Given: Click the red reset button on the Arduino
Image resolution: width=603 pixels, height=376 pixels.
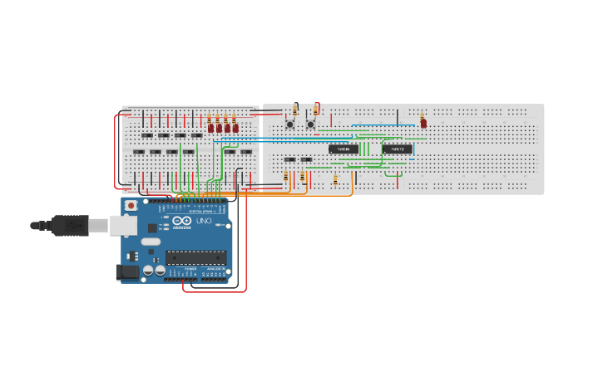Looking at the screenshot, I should (x=131, y=205).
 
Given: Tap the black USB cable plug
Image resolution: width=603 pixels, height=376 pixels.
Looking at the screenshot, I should (x=70, y=225).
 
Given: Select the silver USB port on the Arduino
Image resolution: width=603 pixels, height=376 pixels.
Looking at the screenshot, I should (x=123, y=225).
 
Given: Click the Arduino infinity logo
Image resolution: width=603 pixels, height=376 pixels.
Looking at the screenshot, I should (x=182, y=222).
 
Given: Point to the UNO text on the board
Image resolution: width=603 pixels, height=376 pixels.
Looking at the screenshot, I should (x=204, y=222).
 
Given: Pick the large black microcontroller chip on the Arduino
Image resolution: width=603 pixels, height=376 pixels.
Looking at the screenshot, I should (x=195, y=257).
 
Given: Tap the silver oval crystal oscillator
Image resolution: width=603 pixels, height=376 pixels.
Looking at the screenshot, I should (x=151, y=242).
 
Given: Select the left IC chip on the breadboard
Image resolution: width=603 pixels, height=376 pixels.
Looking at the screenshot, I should (x=344, y=149).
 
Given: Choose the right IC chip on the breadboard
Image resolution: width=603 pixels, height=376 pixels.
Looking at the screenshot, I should (x=397, y=149).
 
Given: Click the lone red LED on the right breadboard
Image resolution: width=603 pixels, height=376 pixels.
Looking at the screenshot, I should (x=423, y=124).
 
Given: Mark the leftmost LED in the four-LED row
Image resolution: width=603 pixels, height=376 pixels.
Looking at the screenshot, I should (x=211, y=128).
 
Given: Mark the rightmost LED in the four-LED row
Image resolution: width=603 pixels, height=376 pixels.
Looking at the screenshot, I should (x=235, y=128).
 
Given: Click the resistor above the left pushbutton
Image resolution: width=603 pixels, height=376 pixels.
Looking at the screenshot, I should (x=294, y=110).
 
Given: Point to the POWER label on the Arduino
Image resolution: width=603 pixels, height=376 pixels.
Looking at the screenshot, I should (x=190, y=269).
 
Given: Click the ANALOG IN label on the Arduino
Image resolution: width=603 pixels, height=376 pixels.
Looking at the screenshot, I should (x=215, y=269).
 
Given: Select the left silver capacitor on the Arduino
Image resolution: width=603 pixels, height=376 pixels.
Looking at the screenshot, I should (x=148, y=270).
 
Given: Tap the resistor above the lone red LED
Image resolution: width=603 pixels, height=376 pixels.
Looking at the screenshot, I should (x=422, y=115).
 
